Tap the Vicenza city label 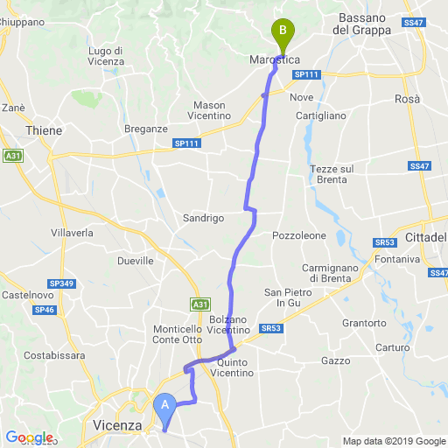click(117, 426)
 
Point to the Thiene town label click(45, 130)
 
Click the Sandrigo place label click(204, 217)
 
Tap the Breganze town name click(146, 129)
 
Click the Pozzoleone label click(299, 236)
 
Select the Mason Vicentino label click(210, 110)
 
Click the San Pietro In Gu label click(288, 297)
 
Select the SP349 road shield click(62, 284)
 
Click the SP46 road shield click(45, 310)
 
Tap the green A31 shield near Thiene click(12, 156)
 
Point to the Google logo click(29, 437)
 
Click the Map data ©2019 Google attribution click(393, 441)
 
